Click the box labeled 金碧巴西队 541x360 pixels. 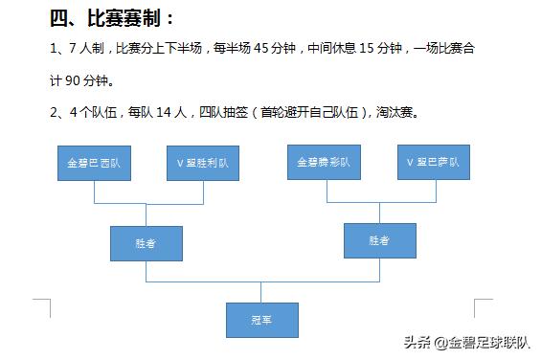click(94, 162)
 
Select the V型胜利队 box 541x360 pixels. click(203, 162)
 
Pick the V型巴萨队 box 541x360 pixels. click(434, 161)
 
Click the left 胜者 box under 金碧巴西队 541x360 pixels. click(145, 243)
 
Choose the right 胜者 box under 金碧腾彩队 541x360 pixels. click(379, 241)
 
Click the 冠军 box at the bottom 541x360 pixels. click(261, 320)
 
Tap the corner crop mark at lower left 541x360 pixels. click(42, 307)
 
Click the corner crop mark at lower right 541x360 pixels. click(483, 307)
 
